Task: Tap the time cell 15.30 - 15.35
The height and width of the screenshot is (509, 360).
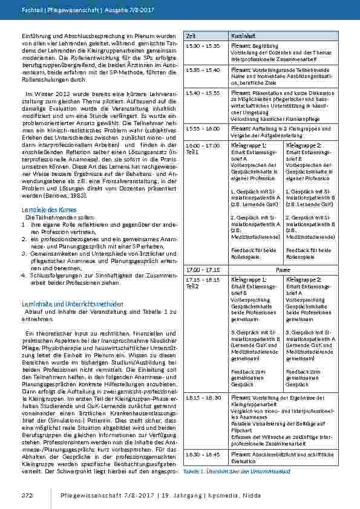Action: [x=201, y=46]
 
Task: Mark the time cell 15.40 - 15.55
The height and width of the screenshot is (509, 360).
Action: [x=201, y=93]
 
